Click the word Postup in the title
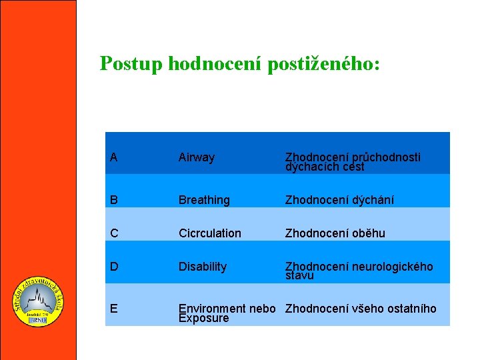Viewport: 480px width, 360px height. pyautogui.click(x=131, y=64)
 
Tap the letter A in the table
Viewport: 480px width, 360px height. pyautogui.click(x=114, y=157)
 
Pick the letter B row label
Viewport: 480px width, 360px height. pyautogui.click(x=114, y=200)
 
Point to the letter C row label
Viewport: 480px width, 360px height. pyautogui.click(x=115, y=233)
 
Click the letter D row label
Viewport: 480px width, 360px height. pyautogui.click(x=115, y=267)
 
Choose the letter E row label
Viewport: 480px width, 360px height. pyautogui.click(x=114, y=308)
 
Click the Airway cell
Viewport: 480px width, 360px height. pyautogui.click(x=197, y=158)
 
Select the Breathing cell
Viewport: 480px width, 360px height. pyautogui.click(x=204, y=200)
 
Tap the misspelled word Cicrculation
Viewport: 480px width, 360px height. pyautogui.click(x=210, y=233)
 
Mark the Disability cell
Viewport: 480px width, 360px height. pyautogui.click(x=203, y=267)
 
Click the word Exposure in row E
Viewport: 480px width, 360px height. pyautogui.click(x=203, y=318)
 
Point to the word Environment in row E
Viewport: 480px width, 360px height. pyautogui.click(x=212, y=308)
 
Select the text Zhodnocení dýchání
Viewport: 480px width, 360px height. pyautogui.click(x=339, y=200)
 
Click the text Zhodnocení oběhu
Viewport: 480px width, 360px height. pyautogui.click(x=335, y=233)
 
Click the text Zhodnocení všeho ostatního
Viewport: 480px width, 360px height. pyautogui.click(x=361, y=308)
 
